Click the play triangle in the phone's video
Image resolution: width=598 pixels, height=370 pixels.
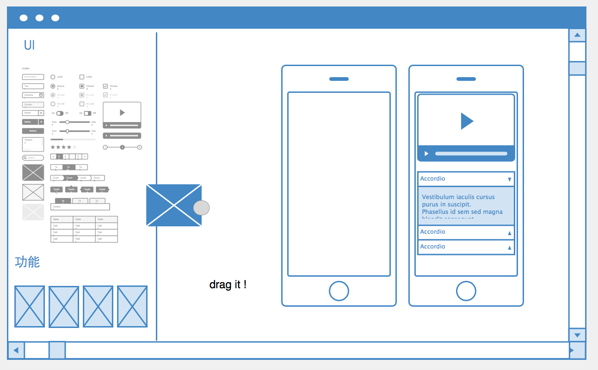click(467, 121)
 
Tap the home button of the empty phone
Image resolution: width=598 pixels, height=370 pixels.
click(339, 291)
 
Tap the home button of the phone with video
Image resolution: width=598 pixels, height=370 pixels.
click(466, 291)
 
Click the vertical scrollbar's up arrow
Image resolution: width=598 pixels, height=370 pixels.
click(577, 35)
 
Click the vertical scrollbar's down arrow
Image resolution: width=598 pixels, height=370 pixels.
click(577, 335)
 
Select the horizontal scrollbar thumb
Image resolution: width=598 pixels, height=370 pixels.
click(57, 350)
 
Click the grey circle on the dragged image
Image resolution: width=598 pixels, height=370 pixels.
click(201, 208)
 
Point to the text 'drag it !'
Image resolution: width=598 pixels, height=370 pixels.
click(228, 285)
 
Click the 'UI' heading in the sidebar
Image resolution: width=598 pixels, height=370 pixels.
click(29, 45)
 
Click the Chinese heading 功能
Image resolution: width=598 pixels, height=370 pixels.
click(27, 262)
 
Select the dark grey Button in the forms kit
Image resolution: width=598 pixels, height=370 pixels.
click(33, 131)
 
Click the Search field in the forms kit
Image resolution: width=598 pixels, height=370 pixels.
click(33, 158)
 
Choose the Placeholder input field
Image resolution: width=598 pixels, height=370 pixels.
click(33, 77)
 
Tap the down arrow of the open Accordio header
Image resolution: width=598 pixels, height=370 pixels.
click(510, 179)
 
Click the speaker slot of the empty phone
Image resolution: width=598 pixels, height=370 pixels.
click(339, 79)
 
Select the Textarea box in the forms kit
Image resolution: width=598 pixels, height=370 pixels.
click(33, 144)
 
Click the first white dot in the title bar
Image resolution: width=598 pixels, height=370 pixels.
click(24, 18)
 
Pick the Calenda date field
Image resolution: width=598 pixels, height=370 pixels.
click(33, 95)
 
